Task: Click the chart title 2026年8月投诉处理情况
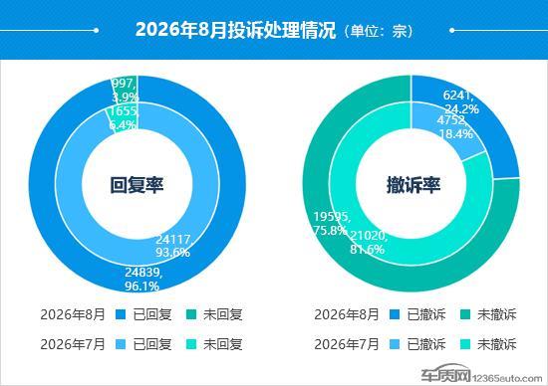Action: click(x=235, y=30)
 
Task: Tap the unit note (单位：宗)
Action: click(x=379, y=31)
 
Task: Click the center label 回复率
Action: click(x=137, y=185)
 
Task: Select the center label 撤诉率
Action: click(x=413, y=185)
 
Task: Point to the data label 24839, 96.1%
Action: click(x=142, y=280)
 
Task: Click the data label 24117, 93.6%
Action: click(x=173, y=246)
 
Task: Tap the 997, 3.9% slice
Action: click(x=125, y=89)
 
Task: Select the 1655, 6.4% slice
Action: click(x=123, y=117)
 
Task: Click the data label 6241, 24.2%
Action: click(x=460, y=101)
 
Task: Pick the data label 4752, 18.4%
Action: click(x=454, y=126)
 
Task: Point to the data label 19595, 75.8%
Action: click(x=331, y=224)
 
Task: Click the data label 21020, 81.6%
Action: click(x=368, y=242)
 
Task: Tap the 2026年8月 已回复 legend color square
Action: click(x=121, y=314)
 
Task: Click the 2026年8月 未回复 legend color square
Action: click(x=191, y=314)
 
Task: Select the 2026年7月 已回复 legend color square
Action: click(x=121, y=344)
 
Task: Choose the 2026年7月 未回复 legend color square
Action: click(x=191, y=344)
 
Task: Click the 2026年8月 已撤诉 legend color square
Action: click(x=395, y=314)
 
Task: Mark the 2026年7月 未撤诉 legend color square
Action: click(x=465, y=344)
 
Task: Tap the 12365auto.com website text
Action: click(x=507, y=378)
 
